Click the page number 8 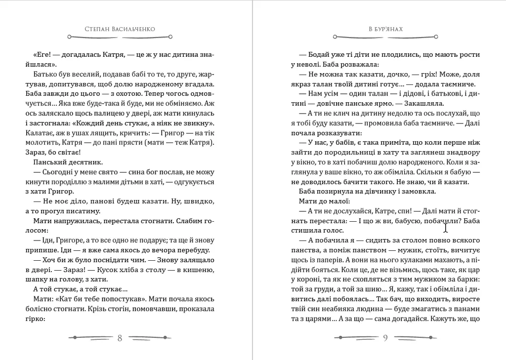coord(120,338)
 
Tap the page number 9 coord(385,338)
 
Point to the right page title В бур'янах coord(385,29)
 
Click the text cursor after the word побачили coord(446,228)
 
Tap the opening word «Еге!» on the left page coord(43,54)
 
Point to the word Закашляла coord(424,103)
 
